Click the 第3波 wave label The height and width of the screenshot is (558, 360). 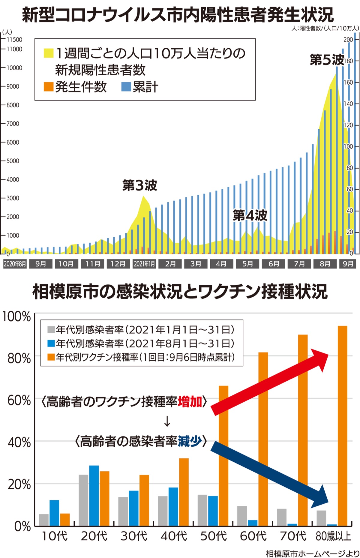point(139,186)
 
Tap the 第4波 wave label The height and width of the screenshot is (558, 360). point(250,215)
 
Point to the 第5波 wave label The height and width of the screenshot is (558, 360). point(327,60)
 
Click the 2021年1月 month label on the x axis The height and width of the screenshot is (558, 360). point(144,264)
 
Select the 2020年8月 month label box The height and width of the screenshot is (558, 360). point(15,264)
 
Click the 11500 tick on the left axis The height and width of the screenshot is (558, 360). point(14,40)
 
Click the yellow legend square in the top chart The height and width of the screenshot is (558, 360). point(49,53)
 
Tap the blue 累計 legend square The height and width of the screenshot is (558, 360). point(126,87)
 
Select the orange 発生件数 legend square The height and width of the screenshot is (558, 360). point(49,87)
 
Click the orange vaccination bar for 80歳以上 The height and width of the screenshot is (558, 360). point(342,426)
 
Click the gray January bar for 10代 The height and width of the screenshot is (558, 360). point(44,520)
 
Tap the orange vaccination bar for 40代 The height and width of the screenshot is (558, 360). point(184,492)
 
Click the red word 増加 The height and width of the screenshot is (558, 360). point(190,402)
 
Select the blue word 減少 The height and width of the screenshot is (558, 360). point(190,441)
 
